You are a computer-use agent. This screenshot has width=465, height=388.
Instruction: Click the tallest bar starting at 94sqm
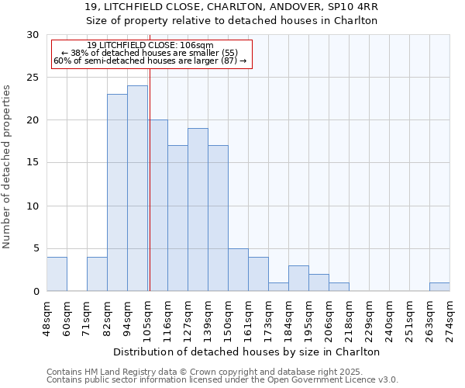pos(137,189)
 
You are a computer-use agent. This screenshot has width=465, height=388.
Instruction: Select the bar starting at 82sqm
pos(117,192)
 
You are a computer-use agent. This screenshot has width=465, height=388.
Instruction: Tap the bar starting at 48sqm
pos(57,274)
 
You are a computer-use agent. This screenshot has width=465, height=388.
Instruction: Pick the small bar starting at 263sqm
pos(439,287)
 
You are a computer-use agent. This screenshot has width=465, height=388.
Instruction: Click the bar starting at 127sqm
pos(198,210)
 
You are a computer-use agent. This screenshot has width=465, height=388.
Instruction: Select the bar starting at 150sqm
pos(238,270)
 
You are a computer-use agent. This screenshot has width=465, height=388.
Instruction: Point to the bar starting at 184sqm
pos(298,279)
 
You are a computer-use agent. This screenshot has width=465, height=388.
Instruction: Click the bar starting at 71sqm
pos(97,274)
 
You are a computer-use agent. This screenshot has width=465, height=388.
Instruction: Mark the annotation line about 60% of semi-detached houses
pos(150,61)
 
